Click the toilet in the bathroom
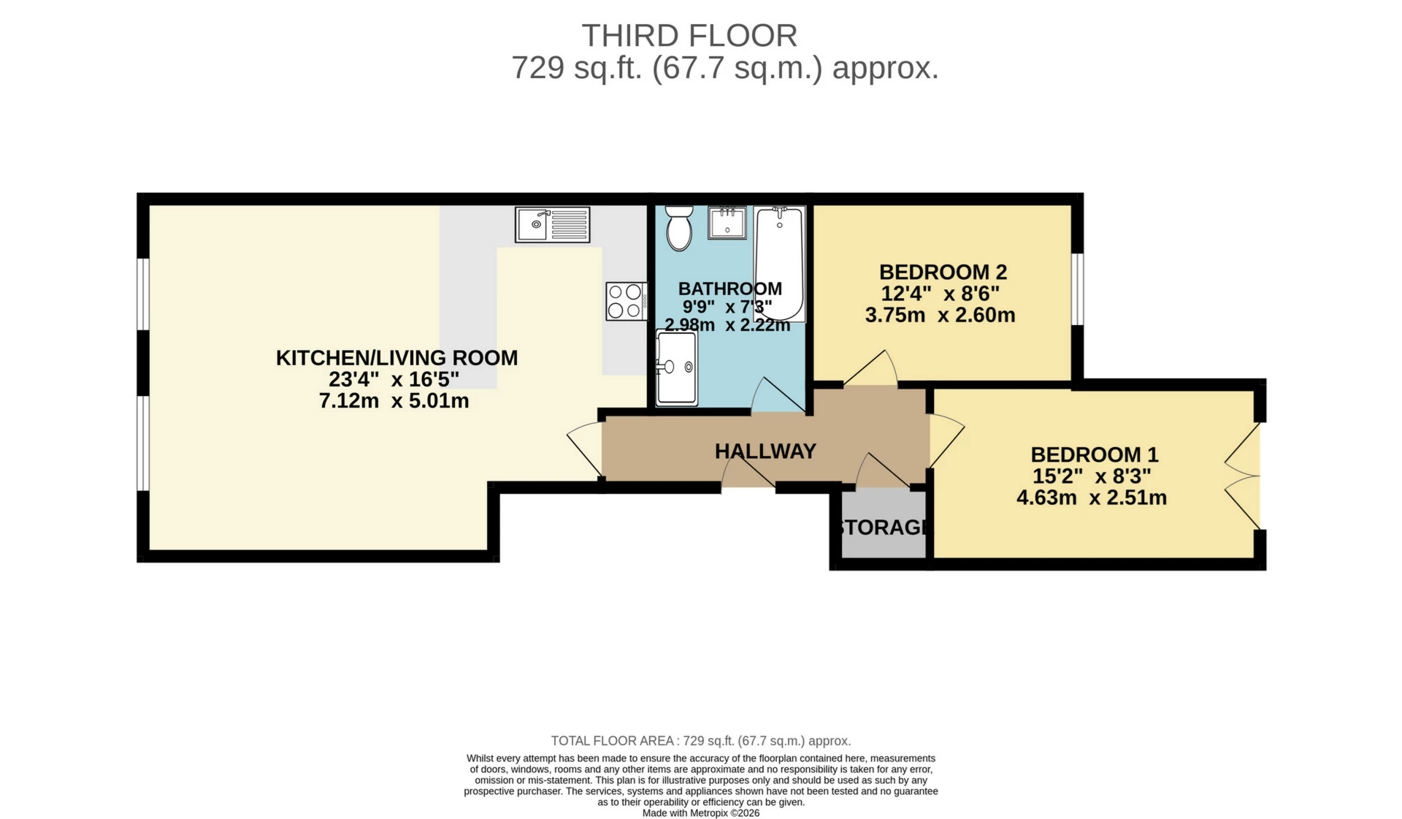tap(679, 228)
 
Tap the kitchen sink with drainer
tap(552, 224)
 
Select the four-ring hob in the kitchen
tap(626, 301)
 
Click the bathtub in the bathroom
tap(779, 263)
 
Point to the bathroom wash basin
tap(727, 223)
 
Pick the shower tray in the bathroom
tap(676, 367)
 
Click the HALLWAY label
tap(765, 452)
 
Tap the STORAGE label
tap(881, 527)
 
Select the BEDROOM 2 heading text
tap(943, 273)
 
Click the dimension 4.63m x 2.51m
tap(1091, 498)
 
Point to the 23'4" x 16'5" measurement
tap(394, 380)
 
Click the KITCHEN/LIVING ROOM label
tap(397, 358)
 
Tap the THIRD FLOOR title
tap(689, 36)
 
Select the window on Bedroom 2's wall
tap(1077, 289)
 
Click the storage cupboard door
tap(882, 471)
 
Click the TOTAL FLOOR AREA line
tap(700, 741)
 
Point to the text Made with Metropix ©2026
tap(700, 813)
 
